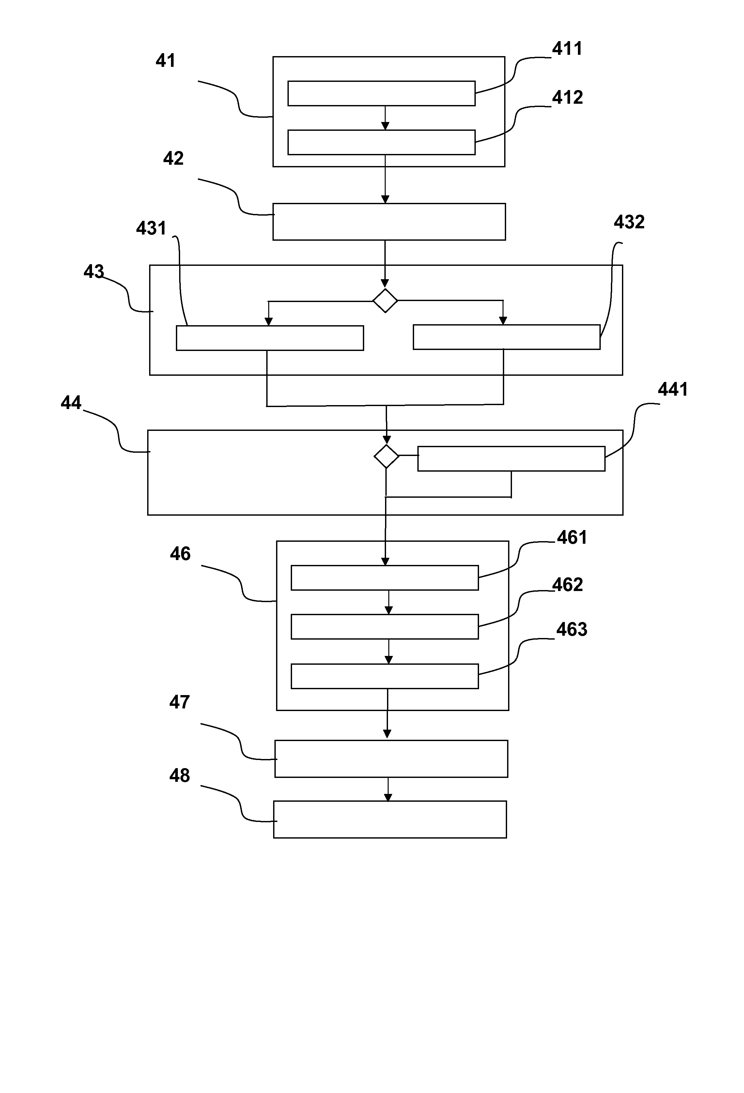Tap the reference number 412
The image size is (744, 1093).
tap(567, 97)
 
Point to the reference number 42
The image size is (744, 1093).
tap(173, 159)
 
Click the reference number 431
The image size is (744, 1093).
tap(151, 229)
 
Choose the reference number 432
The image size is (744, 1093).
tap(629, 222)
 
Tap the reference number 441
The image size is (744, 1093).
tap(673, 389)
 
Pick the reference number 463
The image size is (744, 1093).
tap(571, 629)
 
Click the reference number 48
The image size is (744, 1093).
tap(179, 776)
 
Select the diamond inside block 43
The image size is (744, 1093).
tap(385, 300)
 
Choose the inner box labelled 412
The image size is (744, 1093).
tap(381, 142)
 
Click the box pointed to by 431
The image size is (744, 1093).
tap(270, 338)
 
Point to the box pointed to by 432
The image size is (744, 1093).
tap(506, 337)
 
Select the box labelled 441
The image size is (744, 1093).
tap(511, 459)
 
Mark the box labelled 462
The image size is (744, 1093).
tap(384, 627)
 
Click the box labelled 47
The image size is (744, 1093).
tap(391, 759)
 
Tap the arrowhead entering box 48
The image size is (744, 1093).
tap(388, 797)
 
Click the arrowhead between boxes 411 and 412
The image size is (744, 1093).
tap(385, 126)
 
